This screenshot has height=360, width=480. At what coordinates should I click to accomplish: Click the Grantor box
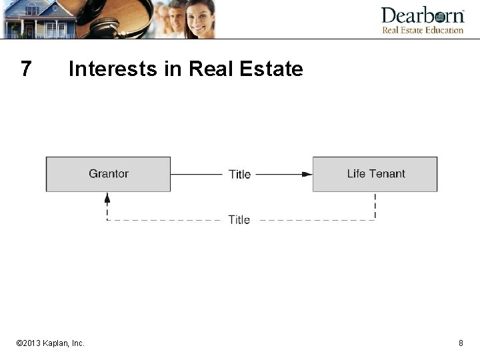(x=108, y=174)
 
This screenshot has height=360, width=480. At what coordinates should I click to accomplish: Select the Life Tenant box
(x=375, y=174)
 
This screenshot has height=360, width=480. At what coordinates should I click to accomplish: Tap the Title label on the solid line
(x=239, y=175)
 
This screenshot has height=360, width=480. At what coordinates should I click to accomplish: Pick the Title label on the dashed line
(x=239, y=220)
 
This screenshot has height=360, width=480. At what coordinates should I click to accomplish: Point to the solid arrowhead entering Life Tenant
(x=307, y=174)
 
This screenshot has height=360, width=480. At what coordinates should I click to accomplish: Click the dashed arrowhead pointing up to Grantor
(x=107, y=197)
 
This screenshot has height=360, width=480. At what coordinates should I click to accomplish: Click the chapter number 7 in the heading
(x=26, y=69)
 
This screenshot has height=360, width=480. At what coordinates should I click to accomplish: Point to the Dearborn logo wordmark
(x=422, y=15)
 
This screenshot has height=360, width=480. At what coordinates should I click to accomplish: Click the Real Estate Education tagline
(x=422, y=30)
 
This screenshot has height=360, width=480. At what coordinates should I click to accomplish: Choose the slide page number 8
(x=461, y=343)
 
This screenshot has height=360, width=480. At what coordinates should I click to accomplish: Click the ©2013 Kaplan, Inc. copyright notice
(x=51, y=343)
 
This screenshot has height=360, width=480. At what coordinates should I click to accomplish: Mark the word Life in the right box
(x=356, y=174)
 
